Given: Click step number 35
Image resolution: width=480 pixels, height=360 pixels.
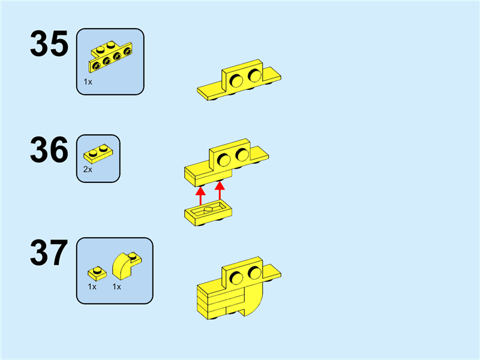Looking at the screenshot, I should pos(49,46).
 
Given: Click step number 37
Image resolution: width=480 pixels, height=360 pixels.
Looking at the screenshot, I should pos(49,254).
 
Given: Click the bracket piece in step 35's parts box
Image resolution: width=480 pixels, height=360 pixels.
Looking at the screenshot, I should pos(110,58).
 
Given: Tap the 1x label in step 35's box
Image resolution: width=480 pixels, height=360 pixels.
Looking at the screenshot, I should pos(88,82).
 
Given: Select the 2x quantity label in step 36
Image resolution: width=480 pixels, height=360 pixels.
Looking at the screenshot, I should pos(88,170).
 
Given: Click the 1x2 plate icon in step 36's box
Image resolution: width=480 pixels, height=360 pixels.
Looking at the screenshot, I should pos(98,153).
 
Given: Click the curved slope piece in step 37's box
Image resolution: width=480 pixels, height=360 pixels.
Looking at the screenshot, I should pos(127,265).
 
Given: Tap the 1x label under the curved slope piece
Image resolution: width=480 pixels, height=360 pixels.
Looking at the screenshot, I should pos(117,287).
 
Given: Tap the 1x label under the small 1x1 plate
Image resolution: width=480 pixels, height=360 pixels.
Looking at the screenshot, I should pos(92,287).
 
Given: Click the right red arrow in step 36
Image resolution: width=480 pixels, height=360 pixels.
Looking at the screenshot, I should pos(220,191).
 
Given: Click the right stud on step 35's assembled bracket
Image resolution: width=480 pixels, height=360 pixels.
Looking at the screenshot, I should pos(254,76).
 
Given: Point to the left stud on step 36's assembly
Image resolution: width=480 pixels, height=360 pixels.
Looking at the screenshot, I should pos(224,159).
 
